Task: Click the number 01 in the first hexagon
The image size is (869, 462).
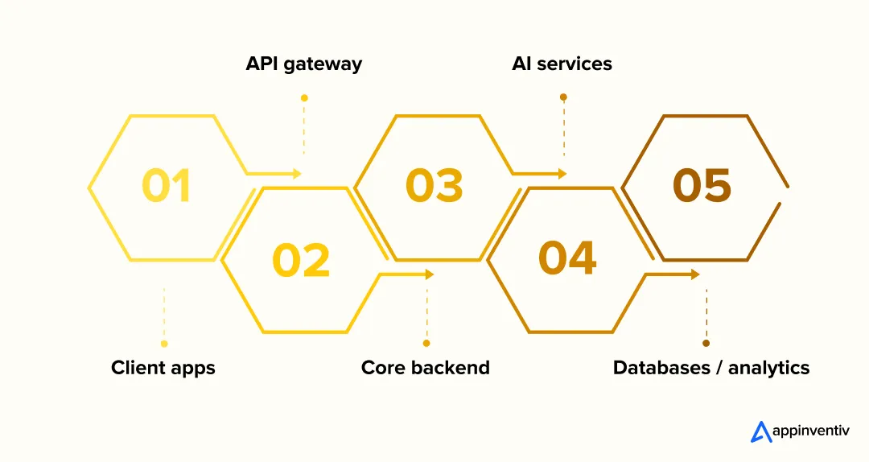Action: coord(167,186)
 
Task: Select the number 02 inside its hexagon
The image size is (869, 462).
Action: coord(301,261)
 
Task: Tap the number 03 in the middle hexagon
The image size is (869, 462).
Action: coord(434,186)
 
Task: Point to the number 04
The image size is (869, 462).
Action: coord(567,258)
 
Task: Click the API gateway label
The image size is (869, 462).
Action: coord(303,64)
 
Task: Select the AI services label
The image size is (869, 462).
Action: coord(562,64)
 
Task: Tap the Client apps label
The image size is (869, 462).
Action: coord(163,368)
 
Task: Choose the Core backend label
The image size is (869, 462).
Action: coord(425,368)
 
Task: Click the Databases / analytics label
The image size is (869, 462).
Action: coord(710,368)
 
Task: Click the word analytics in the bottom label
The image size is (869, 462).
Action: coord(768,368)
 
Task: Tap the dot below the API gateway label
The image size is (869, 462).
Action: coord(304,98)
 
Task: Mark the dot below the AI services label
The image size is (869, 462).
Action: coord(563,97)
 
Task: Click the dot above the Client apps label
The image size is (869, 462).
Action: coord(164,344)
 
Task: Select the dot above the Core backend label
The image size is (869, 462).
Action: coord(426,343)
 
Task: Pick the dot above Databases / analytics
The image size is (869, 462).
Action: coord(706,343)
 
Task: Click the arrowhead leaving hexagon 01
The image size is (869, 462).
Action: coord(297,174)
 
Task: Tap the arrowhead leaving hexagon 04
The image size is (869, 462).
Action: coord(695,274)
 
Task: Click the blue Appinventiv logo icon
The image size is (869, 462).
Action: coord(760,432)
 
